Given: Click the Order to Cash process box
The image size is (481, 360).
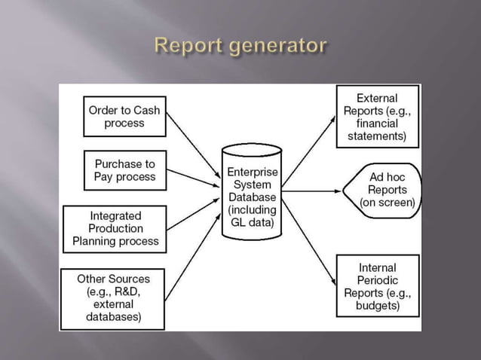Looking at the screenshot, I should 124,117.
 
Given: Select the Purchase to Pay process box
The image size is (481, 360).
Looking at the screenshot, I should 124,170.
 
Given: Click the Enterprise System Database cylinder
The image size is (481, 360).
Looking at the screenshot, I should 252,191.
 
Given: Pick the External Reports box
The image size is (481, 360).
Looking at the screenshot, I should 376,117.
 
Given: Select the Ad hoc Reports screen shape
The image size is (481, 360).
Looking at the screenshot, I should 384,190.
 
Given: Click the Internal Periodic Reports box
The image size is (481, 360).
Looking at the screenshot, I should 376,286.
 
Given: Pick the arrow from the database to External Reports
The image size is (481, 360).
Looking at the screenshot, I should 309,150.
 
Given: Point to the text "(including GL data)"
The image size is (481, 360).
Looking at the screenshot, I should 252,216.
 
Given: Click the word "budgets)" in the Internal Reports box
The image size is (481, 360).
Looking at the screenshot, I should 376,306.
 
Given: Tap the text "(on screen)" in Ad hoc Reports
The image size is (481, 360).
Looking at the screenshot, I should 388,202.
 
